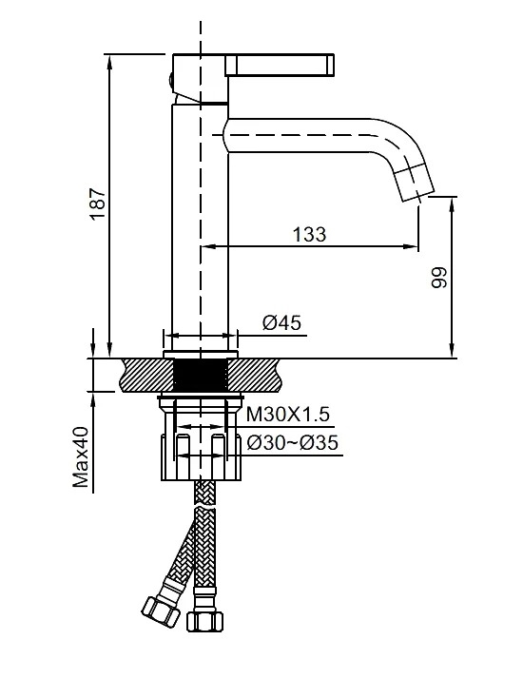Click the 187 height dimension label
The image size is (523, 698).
(x=98, y=204)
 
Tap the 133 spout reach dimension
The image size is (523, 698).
(x=309, y=234)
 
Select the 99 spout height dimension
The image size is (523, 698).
(x=439, y=278)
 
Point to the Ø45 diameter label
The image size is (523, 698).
(x=281, y=321)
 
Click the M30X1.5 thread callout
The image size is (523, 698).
(x=288, y=414)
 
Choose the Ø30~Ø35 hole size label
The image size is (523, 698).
(x=293, y=442)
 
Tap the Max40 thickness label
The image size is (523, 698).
(x=82, y=456)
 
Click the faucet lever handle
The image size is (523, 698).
(x=280, y=65)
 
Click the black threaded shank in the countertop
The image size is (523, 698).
(x=201, y=376)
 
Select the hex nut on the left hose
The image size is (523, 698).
(x=160, y=611)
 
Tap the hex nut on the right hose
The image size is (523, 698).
(x=204, y=621)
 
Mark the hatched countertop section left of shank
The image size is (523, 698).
(x=146, y=376)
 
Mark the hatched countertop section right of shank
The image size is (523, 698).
(x=255, y=376)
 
